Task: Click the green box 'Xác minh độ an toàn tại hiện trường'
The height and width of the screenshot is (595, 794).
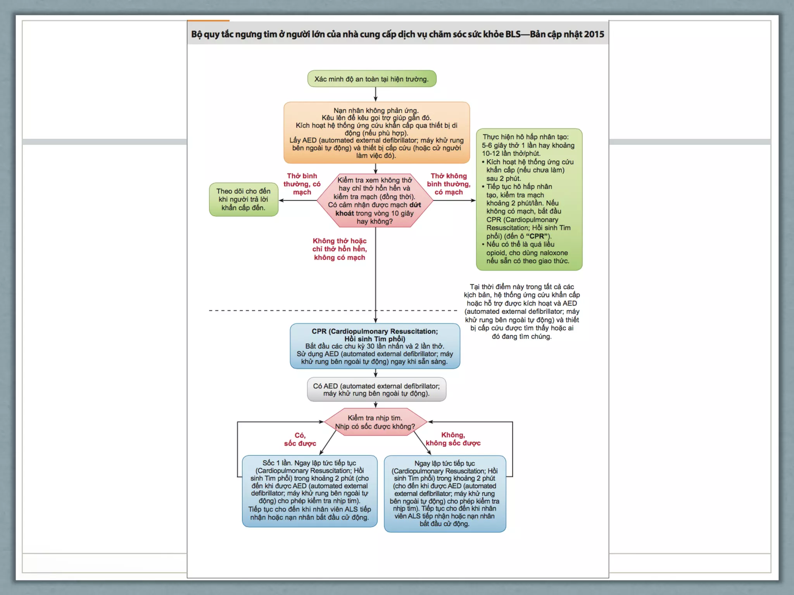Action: (x=371, y=79)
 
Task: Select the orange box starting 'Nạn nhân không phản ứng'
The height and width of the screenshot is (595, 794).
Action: (x=376, y=132)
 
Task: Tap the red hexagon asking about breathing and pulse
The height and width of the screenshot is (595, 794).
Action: (x=375, y=200)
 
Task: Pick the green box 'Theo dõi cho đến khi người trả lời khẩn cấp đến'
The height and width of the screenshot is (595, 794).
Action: (x=243, y=199)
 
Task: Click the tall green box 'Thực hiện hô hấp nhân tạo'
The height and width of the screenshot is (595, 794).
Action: (x=529, y=199)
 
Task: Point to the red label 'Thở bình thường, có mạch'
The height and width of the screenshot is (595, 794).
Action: (x=302, y=184)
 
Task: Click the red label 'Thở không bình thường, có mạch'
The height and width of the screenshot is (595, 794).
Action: (x=449, y=184)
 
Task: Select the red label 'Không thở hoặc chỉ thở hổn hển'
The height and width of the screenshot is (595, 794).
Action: (x=340, y=249)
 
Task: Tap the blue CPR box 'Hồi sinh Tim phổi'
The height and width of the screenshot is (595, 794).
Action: (x=375, y=346)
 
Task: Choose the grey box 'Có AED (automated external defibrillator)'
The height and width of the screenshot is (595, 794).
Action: (x=376, y=390)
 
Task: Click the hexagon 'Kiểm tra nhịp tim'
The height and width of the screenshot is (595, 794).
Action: (x=375, y=422)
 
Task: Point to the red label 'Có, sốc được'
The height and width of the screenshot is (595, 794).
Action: (x=300, y=439)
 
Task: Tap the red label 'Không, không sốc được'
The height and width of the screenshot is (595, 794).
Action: (x=453, y=439)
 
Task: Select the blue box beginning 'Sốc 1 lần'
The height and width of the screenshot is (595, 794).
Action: (x=309, y=490)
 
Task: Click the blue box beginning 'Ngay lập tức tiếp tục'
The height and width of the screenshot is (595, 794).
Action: (x=445, y=494)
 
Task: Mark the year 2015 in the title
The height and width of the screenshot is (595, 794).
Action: (x=594, y=34)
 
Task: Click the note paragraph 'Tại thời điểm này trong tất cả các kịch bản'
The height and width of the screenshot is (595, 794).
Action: (x=522, y=311)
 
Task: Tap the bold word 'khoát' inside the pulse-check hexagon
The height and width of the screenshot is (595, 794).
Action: (x=345, y=213)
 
